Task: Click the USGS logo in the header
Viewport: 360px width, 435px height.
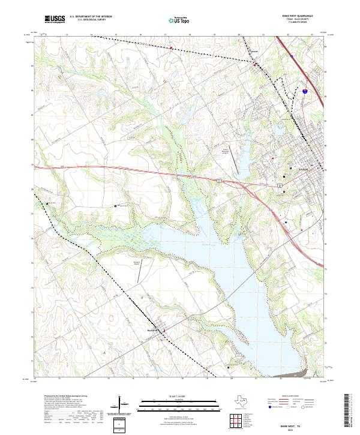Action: click(x=55, y=20)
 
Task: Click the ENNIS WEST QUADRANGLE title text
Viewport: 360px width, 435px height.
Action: click(x=301, y=16)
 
